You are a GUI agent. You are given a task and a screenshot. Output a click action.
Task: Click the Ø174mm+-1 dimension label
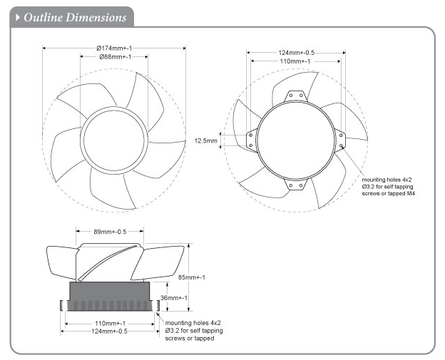click(113, 47)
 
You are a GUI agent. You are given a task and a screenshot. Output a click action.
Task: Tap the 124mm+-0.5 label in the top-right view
click(296, 52)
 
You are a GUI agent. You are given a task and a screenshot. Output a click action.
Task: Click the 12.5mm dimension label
click(205, 140)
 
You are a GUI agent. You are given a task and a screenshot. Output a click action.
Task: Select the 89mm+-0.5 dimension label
click(111, 231)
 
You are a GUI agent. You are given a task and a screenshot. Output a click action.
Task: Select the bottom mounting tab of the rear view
click(295, 184)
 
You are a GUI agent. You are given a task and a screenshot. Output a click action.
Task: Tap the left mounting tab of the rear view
click(251, 140)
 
